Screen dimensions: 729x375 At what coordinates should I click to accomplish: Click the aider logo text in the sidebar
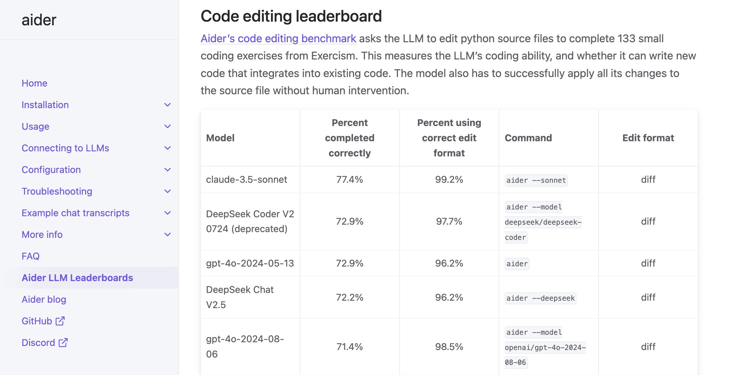[39, 20]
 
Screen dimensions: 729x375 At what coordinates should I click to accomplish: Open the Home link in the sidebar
[34, 83]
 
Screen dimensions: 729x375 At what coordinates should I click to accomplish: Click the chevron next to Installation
[168, 105]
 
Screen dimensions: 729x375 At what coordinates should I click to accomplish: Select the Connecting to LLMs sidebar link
[65, 148]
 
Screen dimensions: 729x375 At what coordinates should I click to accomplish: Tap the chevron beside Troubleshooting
[168, 191]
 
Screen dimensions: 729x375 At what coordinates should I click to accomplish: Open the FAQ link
[31, 256]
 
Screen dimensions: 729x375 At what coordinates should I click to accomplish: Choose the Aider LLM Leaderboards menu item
[77, 278]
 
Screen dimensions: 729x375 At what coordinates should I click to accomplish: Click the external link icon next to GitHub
[60, 321]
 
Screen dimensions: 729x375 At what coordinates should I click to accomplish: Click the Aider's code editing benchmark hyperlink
[278, 39]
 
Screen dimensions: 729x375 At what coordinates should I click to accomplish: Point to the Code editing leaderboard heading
[291, 16]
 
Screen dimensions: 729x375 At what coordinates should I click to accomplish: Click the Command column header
[528, 138]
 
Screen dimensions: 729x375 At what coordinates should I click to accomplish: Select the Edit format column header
[648, 138]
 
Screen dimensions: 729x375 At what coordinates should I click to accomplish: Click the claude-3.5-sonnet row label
[247, 179]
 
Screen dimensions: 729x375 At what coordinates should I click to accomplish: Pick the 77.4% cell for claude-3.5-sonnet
[350, 179]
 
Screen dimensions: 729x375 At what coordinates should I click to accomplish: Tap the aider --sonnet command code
[536, 180]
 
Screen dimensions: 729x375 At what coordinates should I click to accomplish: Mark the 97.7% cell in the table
[449, 221]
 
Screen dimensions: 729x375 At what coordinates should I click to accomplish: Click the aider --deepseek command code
[541, 298]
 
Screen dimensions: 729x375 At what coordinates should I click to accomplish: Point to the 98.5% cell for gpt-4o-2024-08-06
[449, 347]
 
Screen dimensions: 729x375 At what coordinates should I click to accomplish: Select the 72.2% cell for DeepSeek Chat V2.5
[350, 297]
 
